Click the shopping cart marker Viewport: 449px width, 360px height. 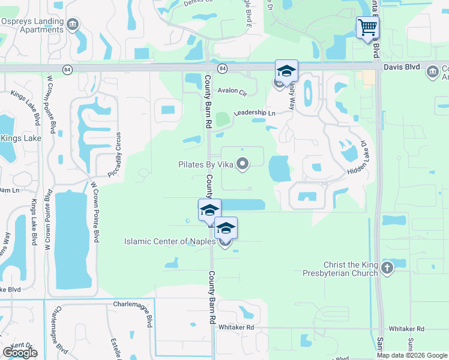[367, 27]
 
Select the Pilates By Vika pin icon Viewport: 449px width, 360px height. [243, 164]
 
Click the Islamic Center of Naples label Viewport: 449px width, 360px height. [170, 242]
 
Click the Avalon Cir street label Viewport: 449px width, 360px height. [232, 92]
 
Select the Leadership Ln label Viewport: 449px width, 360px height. [254, 113]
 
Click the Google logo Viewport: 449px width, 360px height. [20, 353]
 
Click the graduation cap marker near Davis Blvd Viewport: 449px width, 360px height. [286, 71]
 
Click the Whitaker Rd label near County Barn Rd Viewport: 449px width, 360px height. [237, 327]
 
